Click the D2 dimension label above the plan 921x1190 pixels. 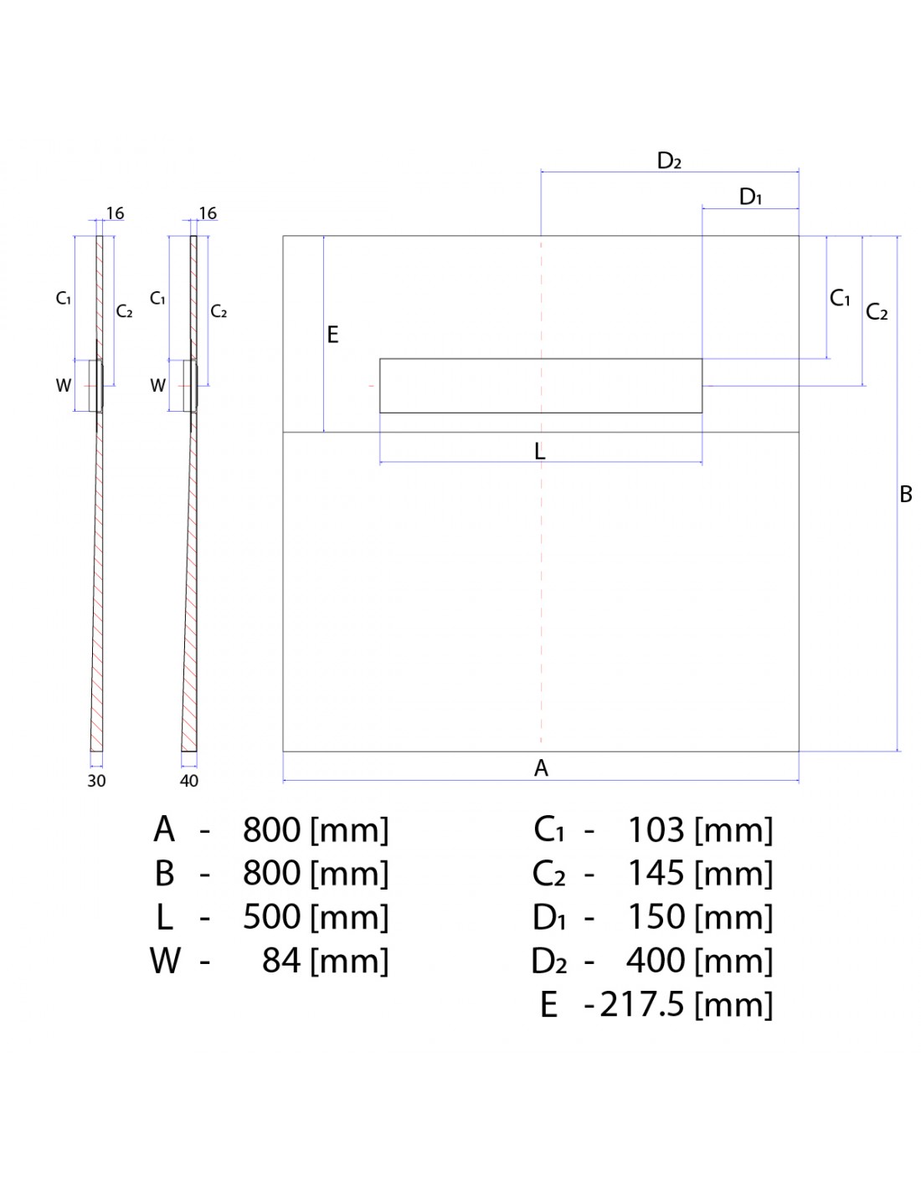668,161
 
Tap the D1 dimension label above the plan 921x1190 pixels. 750,197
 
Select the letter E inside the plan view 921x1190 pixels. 332,335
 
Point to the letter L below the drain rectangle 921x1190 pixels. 540,452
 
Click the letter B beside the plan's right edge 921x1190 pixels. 905,495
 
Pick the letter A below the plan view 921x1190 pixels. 541,767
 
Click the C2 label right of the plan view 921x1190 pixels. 877,311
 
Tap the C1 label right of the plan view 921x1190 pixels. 840,298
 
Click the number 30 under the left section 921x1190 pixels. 96,781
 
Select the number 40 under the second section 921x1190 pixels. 189,781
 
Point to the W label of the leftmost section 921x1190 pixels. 64,386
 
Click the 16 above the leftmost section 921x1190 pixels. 116,213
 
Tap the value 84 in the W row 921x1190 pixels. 281,960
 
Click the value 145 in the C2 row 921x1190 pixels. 656,873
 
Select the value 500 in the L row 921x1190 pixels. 271,916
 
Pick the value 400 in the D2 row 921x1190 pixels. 656,960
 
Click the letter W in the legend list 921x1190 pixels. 165,960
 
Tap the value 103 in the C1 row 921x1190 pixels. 656,829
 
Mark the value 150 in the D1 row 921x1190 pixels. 656,916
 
